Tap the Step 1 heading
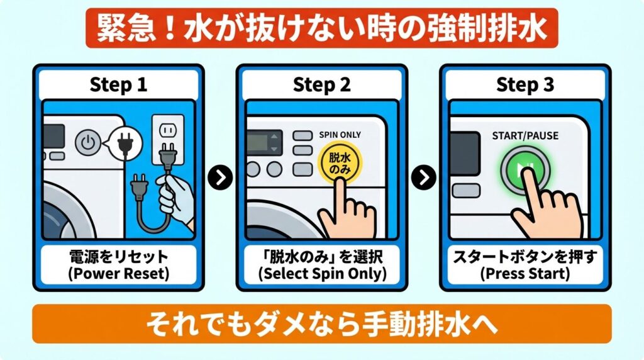119,85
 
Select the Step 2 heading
322,85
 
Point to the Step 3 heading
525,85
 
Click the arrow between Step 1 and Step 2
220,177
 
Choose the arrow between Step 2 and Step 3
423,177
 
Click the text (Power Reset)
119,274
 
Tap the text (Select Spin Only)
322,274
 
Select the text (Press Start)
525,274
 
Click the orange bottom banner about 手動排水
321,324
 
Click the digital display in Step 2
264,143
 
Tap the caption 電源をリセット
119,257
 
